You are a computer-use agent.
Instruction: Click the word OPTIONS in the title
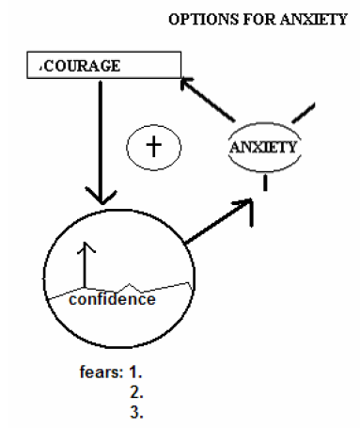point(196,18)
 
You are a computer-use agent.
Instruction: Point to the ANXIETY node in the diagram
point(264,148)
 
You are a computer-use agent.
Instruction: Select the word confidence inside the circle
point(112,299)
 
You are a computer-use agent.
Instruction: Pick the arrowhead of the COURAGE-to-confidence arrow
point(98,199)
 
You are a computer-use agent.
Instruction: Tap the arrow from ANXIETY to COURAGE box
point(207,99)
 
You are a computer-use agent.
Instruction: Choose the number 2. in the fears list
point(137,390)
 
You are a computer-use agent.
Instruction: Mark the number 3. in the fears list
point(137,411)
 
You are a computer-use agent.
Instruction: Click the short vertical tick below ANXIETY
point(264,183)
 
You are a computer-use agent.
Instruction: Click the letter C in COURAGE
point(45,67)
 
